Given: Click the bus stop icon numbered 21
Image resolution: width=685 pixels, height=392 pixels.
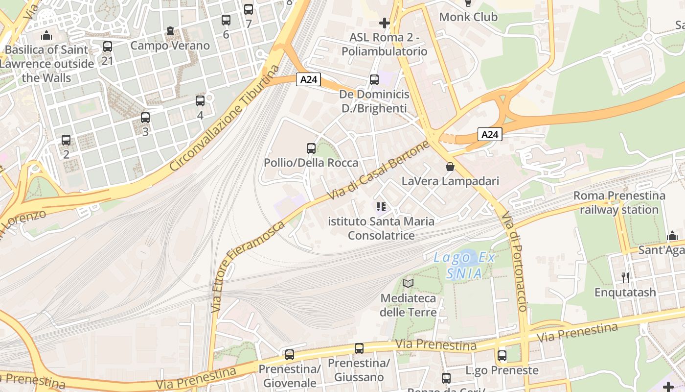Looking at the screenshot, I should pos(108,47).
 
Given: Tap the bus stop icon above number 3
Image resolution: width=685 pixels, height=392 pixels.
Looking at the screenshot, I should pos(145,118).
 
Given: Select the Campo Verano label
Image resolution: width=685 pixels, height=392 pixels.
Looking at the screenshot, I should pos(170,46).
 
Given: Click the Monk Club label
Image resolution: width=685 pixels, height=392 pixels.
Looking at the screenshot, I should pos(468,17).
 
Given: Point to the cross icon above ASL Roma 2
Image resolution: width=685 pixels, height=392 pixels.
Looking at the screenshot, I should pos(385,23).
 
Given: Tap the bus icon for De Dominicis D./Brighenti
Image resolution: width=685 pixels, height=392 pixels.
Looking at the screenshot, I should pos(374,79).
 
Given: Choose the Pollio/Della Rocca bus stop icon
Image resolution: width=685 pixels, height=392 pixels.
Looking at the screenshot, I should pos(311,148).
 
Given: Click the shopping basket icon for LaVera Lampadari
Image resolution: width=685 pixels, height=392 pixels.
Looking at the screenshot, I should pos(450,167).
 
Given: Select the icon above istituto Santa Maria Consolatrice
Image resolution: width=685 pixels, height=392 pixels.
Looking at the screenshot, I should pos(381,207).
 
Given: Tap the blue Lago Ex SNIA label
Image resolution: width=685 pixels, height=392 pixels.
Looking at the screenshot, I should pos(464,265).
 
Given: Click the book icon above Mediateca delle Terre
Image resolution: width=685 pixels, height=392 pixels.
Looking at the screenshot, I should pos(408,283).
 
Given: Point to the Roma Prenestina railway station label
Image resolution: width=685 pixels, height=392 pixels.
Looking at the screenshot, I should pos(619,202).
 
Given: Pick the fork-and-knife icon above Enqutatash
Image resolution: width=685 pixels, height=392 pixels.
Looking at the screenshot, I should pos(625,278).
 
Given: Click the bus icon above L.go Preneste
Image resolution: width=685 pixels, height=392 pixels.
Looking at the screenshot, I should pos(502,356).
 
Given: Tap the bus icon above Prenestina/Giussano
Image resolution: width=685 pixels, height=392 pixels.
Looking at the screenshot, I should pos(359,348).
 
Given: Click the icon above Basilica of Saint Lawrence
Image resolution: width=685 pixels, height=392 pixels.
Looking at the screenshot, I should pos(46,35).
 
